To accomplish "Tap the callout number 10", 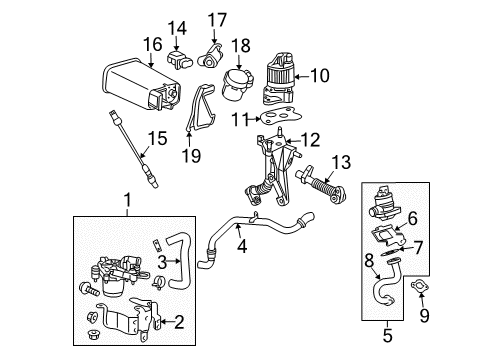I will coord(320,74).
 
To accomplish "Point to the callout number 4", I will coord(241,241).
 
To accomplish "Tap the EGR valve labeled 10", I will coord(285,76).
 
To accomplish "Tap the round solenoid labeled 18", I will coord(238,82).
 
